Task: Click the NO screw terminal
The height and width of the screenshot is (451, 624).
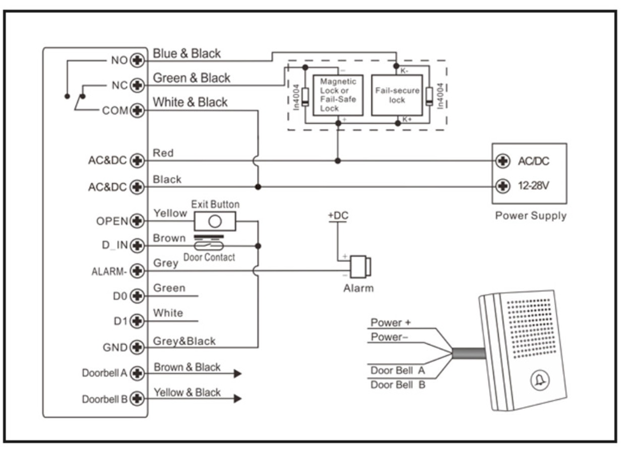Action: (137, 60)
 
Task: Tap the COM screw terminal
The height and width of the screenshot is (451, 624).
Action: (137, 110)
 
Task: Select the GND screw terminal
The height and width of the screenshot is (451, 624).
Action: (137, 347)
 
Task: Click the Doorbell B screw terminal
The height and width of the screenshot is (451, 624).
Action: (137, 399)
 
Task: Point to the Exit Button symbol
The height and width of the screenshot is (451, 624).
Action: (215, 221)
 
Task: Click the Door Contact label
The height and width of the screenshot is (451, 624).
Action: (209, 257)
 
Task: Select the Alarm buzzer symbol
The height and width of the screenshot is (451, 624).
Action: (360, 267)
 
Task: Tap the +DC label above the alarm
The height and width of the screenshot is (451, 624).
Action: (338, 215)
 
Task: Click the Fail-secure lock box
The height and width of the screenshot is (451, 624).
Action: (397, 95)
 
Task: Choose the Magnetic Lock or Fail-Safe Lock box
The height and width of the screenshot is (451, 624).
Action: (338, 95)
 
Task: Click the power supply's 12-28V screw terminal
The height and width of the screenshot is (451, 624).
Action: (503, 186)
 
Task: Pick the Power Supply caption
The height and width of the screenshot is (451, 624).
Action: (531, 216)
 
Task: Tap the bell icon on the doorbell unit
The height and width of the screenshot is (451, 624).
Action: (540, 380)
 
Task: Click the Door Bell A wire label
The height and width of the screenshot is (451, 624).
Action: (398, 370)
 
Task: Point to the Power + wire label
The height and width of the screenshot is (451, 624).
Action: (391, 323)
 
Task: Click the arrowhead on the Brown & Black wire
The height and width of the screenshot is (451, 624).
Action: (237, 373)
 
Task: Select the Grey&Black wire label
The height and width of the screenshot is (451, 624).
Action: (184, 341)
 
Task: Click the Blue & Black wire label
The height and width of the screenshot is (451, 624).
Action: (186, 53)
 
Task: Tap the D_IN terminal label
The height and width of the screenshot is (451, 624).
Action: (115, 245)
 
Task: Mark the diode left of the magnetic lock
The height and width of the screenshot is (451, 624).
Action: (305, 97)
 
